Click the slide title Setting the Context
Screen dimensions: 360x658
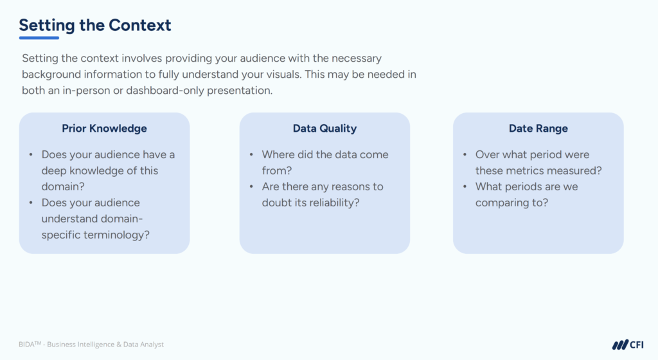[x=95, y=25]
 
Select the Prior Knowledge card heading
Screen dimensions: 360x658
[x=104, y=129]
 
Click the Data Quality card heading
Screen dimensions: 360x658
[x=325, y=129]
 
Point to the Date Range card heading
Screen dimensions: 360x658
[x=538, y=129]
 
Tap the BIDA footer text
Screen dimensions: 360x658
[x=91, y=345]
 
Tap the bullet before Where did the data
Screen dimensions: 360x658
[x=251, y=155]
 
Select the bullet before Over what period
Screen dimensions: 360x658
[x=464, y=155]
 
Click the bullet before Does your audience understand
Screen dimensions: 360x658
[x=31, y=203]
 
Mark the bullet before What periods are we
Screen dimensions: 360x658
[x=464, y=187]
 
